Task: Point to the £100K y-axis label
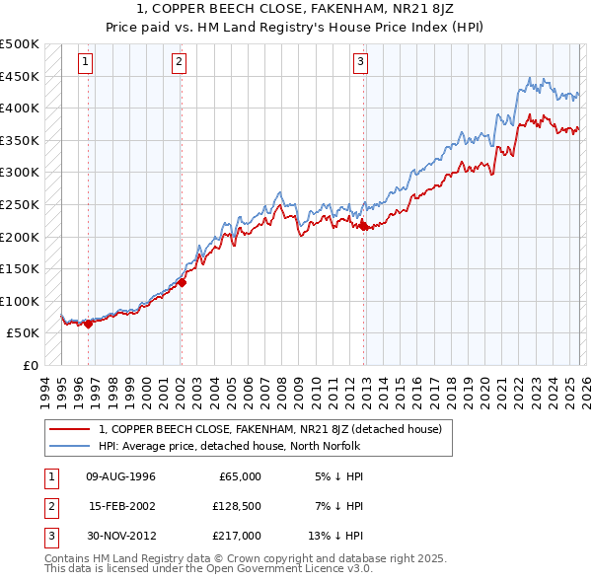click(x=20, y=301)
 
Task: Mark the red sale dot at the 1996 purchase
click(x=88, y=323)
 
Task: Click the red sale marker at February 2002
click(x=182, y=282)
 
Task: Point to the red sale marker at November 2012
click(x=363, y=226)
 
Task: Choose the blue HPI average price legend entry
click(x=230, y=446)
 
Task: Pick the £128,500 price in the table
click(x=235, y=506)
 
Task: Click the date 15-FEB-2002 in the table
click(x=121, y=506)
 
